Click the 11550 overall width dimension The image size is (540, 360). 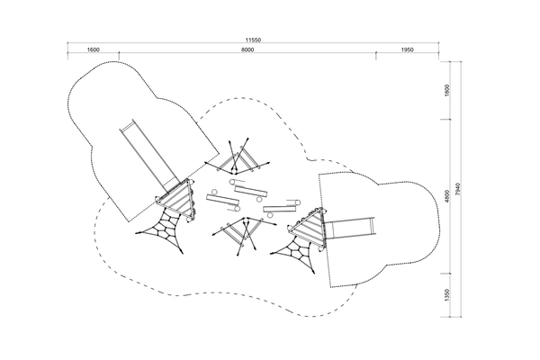pyautogui.click(x=253, y=40)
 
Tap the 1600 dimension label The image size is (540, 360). pyautogui.click(x=93, y=50)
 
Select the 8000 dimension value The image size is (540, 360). pyautogui.click(x=247, y=50)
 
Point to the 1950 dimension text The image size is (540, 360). pyautogui.click(x=407, y=50)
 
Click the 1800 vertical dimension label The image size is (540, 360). pyautogui.click(x=447, y=90)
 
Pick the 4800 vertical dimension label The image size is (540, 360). pyautogui.click(x=447, y=196)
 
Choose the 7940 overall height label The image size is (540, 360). pyautogui.click(x=457, y=189)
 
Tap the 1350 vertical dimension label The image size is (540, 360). pyautogui.click(x=447, y=295)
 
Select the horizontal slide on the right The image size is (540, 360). pyautogui.click(x=348, y=228)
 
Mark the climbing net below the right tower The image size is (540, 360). pyautogui.click(x=295, y=254)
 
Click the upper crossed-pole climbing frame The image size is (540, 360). pyautogui.click(x=238, y=157)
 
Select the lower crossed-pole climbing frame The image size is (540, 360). pyautogui.click(x=244, y=235)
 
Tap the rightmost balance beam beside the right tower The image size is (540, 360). pyautogui.click(x=282, y=208)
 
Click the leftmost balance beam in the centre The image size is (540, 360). pyautogui.click(x=222, y=201)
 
